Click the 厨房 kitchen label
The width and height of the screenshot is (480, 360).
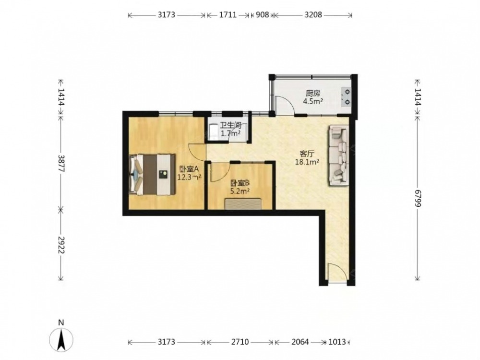313,93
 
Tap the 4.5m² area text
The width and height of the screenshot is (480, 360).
313,101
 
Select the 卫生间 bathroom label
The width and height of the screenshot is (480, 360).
230,125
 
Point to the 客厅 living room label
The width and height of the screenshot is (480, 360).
307,154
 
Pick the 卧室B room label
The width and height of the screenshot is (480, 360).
240,183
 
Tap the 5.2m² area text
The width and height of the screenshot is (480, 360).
240,192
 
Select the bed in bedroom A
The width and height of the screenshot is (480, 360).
152,174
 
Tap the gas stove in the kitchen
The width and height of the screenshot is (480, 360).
346,97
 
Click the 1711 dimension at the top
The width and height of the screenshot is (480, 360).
228,15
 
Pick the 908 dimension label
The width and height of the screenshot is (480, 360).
263,15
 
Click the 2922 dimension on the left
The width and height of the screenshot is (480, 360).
61,245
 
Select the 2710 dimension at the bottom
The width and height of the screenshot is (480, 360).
240,342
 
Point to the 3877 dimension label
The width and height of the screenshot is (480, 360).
61,164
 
